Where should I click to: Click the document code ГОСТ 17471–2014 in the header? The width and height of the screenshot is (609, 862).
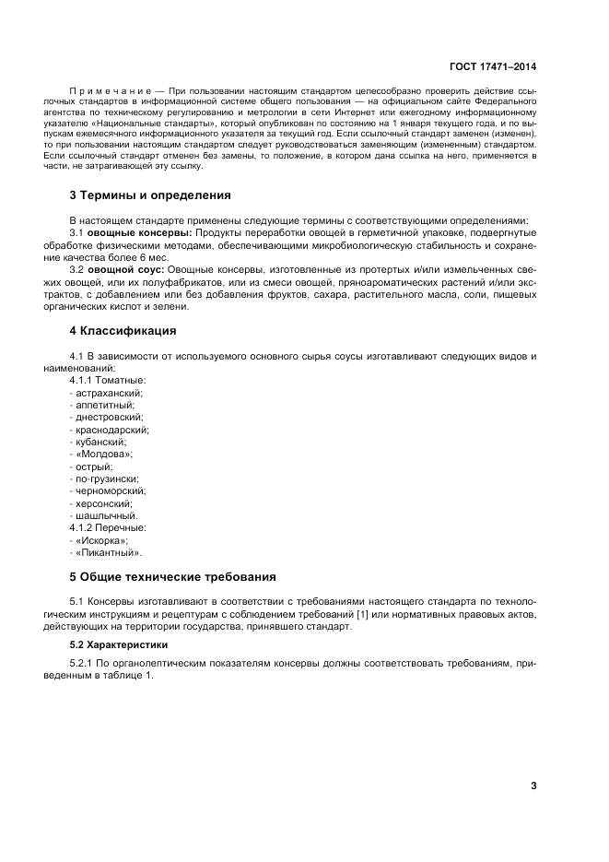click(492, 67)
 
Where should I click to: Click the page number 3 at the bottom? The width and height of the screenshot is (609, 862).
click(533, 785)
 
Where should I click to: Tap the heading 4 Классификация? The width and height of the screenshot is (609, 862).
click(123, 330)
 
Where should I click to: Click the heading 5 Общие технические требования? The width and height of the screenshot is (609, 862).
click(172, 577)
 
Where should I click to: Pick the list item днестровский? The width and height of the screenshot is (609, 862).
click(106, 417)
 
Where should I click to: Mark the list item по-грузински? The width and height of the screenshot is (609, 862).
click(105, 478)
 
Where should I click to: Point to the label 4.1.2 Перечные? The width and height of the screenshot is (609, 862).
click(108, 528)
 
